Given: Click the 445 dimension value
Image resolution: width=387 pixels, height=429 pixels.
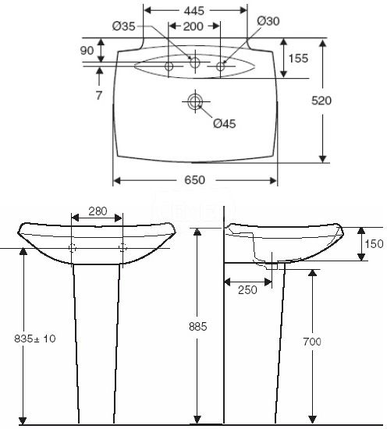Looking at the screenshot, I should click(x=195, y=10).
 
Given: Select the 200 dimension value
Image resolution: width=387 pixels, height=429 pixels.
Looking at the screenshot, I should click(x=193, y=27).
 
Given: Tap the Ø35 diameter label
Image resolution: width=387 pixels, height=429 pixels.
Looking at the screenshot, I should click(x=124, y=27).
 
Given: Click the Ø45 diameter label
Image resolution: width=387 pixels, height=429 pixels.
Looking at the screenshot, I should click(x=225, y=122).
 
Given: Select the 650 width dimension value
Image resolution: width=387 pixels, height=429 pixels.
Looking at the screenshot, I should click(x=194, y=180).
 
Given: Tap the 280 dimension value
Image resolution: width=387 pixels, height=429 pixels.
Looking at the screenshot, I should click(x=97, y=212).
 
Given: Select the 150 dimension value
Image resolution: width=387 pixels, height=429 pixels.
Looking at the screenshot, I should click(x=374, y=244).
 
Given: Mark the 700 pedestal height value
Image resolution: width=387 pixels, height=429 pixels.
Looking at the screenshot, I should click(x=312, y=342).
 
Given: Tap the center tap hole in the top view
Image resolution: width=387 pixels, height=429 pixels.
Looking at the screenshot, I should click(x=195, y=63).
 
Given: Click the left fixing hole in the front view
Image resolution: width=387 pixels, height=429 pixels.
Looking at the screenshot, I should click(x=73, y=248).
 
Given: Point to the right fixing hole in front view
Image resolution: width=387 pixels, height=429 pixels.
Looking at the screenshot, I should click(x=122, y=248).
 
